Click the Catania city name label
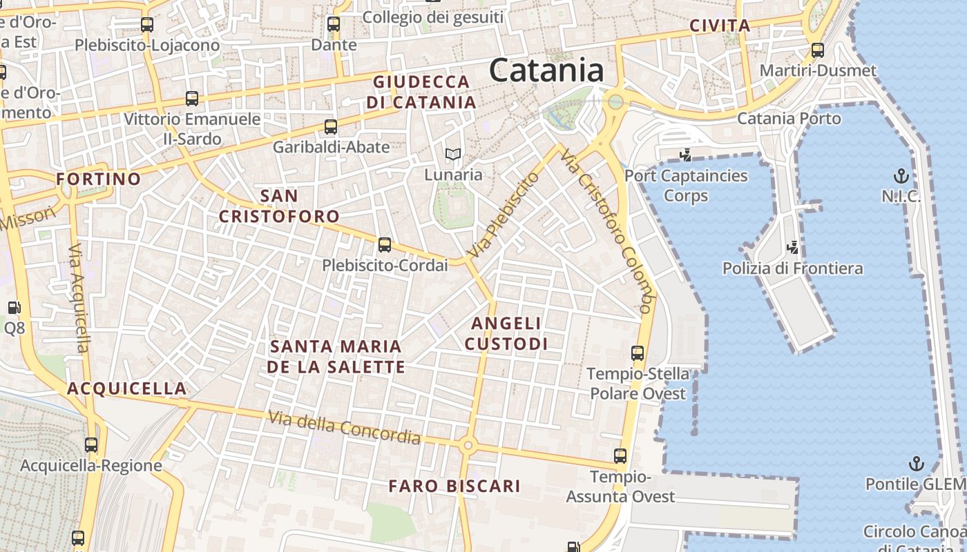(x=546, y=70)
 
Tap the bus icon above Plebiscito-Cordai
(x=385, y=245)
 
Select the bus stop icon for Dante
(x=334, y=24)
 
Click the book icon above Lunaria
(x=452, y=154)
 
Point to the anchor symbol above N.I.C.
(x=901, y=175)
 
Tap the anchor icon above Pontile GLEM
(x=916, y=463)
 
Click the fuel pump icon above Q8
(x=14, y=308)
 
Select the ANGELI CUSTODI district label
(x=506, y=333)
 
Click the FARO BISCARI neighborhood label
(x=454, y=486)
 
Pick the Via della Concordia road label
(x=344, y=427)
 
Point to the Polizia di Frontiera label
(x=792, y=268)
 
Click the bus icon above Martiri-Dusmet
(x=818, y=50)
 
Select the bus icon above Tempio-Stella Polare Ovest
(x=638, y=353)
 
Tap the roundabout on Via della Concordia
(x=468, y=446)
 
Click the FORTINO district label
(x=98, y=179)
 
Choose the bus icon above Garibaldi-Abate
(x=331, y=127)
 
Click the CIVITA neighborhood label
(x=720, y=26)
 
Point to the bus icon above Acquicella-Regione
(x=91, y=445)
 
